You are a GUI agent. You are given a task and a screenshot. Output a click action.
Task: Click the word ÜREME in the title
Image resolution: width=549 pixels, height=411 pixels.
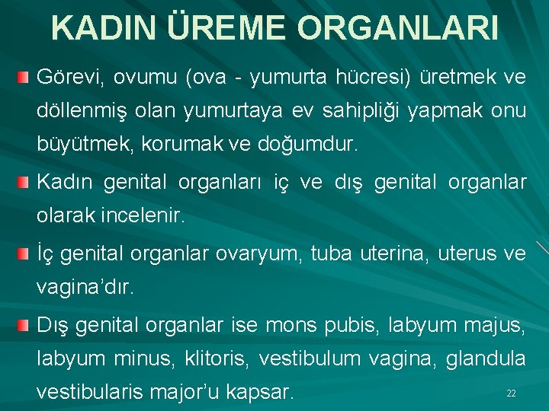click(226, 27)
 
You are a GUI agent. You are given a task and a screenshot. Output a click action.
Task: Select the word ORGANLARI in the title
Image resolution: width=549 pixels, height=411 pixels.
click(399, 27)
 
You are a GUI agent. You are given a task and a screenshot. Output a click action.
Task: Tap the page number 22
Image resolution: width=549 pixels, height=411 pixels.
click(512, 393)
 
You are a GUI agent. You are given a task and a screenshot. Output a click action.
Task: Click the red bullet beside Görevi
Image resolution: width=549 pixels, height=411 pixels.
click(25, 77)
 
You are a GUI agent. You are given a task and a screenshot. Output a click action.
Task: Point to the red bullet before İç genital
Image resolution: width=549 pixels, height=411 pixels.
click(25, 252)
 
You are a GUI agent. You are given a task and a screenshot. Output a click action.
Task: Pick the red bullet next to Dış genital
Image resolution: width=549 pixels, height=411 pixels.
click(25, 325)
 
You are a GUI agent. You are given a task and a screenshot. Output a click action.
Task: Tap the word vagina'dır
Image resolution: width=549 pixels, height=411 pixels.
click(85, 287)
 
